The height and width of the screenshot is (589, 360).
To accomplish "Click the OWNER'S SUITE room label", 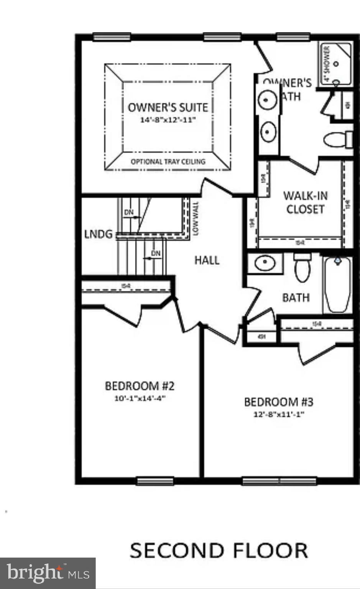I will coord(168,107).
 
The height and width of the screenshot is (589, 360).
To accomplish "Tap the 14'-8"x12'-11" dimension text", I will coord(168,120).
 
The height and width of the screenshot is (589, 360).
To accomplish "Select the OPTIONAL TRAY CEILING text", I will coord(168,161).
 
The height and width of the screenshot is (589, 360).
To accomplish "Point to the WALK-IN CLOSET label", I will coord(305,202).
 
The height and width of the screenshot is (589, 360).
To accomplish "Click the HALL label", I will coord(207,260).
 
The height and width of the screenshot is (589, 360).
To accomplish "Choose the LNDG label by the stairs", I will coord(98,234).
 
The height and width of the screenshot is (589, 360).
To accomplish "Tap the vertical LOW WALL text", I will coord(196,219).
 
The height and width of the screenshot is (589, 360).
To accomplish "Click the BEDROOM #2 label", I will coord(140,386).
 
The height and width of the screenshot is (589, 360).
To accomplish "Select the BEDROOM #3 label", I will coord(279,402).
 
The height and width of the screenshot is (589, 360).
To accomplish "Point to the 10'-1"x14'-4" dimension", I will coord(140,398).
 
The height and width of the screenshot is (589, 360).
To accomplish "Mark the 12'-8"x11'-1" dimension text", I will coord(279,414).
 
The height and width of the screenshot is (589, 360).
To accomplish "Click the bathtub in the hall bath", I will coord(337,285).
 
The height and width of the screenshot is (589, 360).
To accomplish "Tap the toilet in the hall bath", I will coord(302,268).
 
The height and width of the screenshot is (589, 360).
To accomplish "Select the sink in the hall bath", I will coord(265,263).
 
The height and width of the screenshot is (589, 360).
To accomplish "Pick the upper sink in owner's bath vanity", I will coord(268,100).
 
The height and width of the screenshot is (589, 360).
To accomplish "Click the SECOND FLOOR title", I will coord(219,550).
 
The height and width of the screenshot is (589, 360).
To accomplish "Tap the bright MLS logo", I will coord(48,573).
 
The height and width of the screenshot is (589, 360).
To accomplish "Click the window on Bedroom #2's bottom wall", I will coord(155,480).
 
